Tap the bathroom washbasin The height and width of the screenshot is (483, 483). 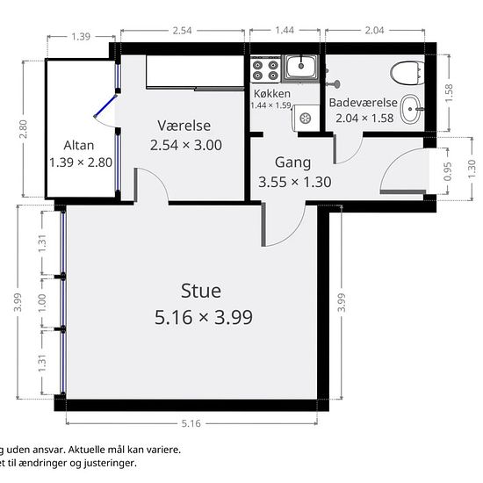pyautogui.click(x=411, y=109)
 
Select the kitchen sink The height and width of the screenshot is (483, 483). pyautogui.click(x=300, y=68)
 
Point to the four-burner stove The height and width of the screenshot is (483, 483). pyautogui.click(x=265, y=70)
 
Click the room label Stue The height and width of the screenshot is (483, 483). pyautogui.click(x=201, y=291)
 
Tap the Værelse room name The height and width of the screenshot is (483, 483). pyautogui.click(x=184, y=126)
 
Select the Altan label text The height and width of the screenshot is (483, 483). pyautogui.click(x=78, y=146)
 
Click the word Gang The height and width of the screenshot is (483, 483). pyautogui.click(x=292, y=162)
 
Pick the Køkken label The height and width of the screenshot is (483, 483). pyautogui.click(x=272, y=93)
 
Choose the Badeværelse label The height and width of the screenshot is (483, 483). pyautogui.click(x=364, y=103)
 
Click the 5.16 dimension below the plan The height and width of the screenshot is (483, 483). pyautogui.click(x=191, y=423)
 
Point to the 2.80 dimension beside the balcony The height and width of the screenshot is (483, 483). pyautogui.click(x=23, y=129)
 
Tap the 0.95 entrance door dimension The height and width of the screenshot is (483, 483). pyautogui.click(x=448, y=171)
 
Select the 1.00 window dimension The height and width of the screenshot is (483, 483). pyautogui.click(x=42, y=303)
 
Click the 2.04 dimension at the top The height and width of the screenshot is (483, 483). pyautogui.click(x=374, y=30)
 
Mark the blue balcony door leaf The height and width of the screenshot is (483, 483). pyautogui.click(x=105, y=106)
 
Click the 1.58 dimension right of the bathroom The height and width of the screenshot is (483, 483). pyautogui.click(x=450, y=93)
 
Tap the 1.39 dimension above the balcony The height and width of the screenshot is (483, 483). pyautogui.click(x=81, y=37)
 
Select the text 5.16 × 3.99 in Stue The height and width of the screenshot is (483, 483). pyautogui.click(x=204, y=317)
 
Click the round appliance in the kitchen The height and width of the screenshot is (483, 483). pyautogui.click(x=306, y=118)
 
